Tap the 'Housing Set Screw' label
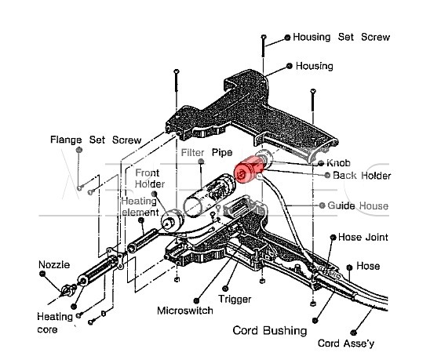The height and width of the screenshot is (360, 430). pos(341,37)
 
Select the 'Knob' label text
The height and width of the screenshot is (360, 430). pos(338,163)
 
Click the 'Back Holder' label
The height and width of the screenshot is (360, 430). pos(362,176)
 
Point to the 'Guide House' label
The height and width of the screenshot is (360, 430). pos(358,205)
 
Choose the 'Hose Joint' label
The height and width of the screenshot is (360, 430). pos(363,237)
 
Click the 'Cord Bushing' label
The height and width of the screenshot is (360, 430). pos(270,330)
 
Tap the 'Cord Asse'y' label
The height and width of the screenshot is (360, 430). pos(346,343)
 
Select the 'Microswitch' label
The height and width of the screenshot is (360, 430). pos(185,311)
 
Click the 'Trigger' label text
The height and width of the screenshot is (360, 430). pos(235,299)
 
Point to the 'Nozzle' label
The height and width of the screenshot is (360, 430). pos(54,264)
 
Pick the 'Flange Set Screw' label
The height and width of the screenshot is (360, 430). pos(96,140)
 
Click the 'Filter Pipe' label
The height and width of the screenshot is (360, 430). pos(207,152)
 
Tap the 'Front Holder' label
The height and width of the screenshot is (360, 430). pos(149,178)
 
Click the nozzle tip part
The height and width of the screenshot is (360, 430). pos(67,291)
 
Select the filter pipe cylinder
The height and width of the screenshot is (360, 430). pos(209,194)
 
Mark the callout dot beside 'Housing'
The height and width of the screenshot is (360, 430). pos(290,66)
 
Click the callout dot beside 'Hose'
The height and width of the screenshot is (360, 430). pos(349,267)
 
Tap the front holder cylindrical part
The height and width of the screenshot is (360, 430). pos(172,220)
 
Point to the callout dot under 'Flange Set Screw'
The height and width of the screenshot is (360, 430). pos(79,150)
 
